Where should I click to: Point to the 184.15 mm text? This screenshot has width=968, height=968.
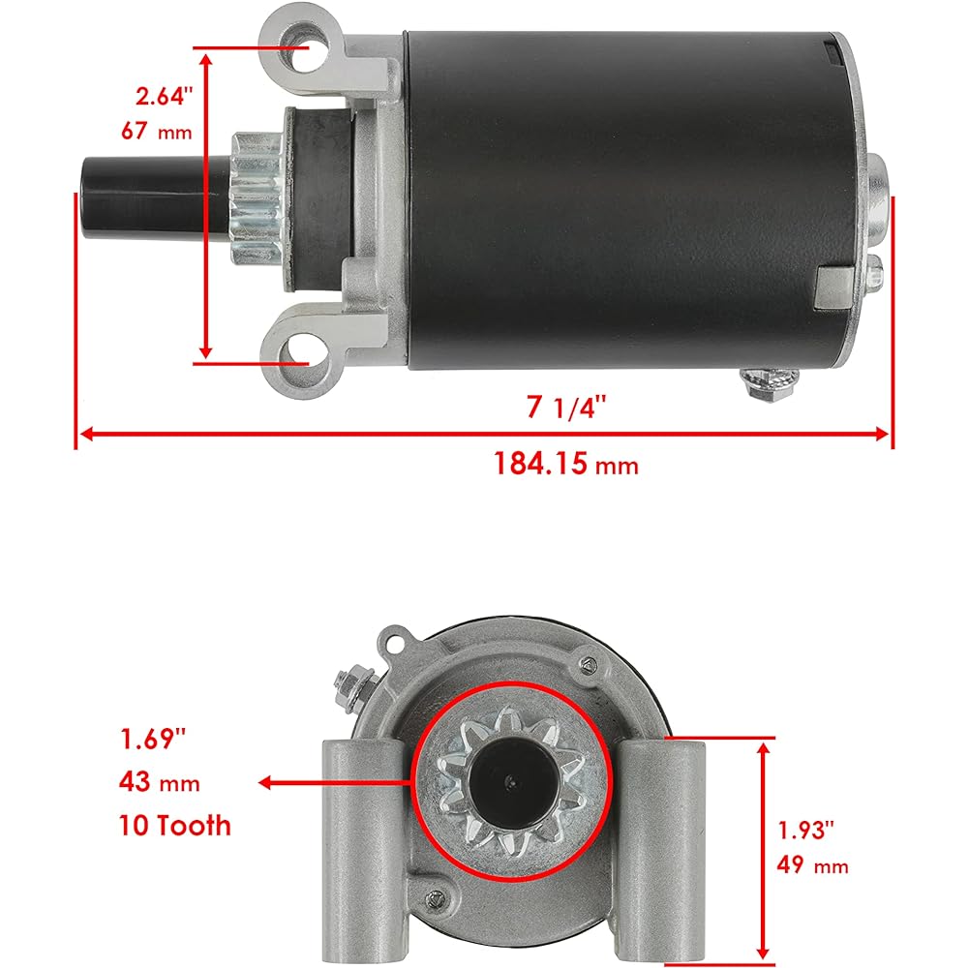[566, 464]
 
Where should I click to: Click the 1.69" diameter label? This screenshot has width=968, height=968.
[152, 741]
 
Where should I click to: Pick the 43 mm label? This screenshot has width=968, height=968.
[160, 782]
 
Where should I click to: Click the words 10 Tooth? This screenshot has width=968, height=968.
[176, 825]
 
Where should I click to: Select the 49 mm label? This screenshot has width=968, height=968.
[812, 864]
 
